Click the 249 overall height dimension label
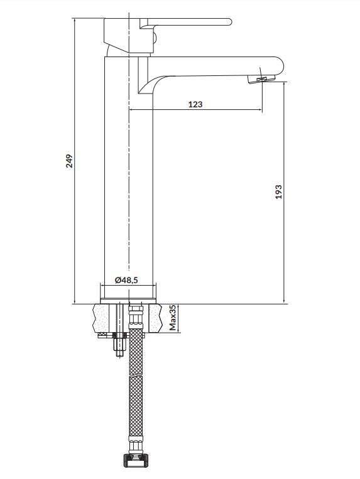tap(70, 161)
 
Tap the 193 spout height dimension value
tap(278, 192)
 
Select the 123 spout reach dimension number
tap(195, 104)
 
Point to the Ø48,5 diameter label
tap(126, 280)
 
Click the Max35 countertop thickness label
tap(173, 318)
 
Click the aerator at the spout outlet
tap(261, 80)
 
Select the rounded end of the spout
tap(279, 65)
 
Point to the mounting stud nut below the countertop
tap(119, 344)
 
